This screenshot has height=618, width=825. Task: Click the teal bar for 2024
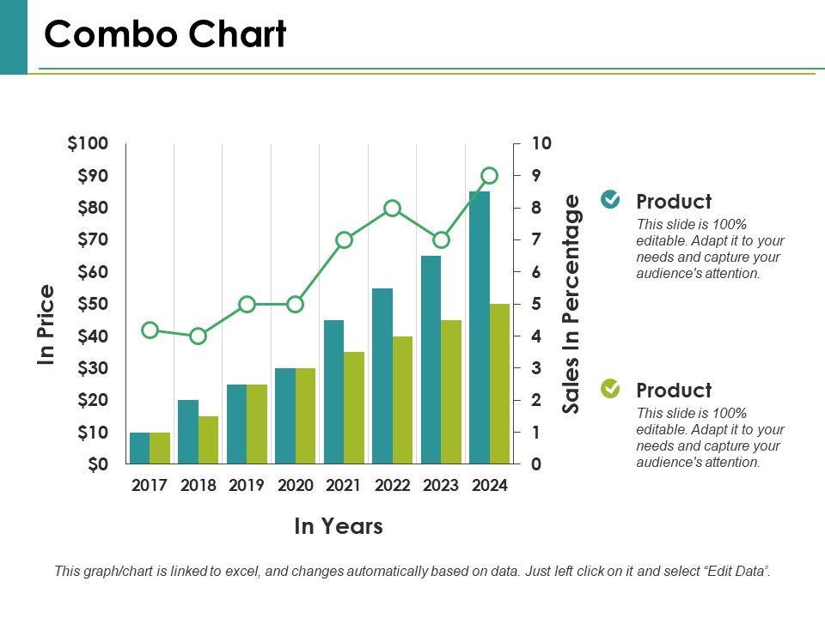coord(480,327)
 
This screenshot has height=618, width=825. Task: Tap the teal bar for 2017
coord(139,448)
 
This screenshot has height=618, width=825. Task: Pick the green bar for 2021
coord(354,408)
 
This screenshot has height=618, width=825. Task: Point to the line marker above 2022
coord(393,208)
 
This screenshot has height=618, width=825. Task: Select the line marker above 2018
coord(199,336)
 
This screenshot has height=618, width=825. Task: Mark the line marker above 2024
coord(490,175)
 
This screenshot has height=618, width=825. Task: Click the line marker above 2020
coord(296,304)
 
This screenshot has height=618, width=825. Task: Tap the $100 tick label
coord(89,143)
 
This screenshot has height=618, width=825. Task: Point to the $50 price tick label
coord(92,304)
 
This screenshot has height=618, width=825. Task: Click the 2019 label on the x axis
coord(247,486)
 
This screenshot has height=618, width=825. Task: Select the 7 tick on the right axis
coord(535,239)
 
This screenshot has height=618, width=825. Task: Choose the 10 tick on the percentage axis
coord(541,143)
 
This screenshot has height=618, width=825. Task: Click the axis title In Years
coord(339,526)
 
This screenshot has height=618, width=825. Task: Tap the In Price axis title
coord(46,325)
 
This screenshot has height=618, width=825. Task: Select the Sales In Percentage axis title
coord(571,304)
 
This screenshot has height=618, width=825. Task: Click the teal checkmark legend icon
coord(610,199)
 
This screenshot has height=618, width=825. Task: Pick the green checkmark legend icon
coord(610,389)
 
